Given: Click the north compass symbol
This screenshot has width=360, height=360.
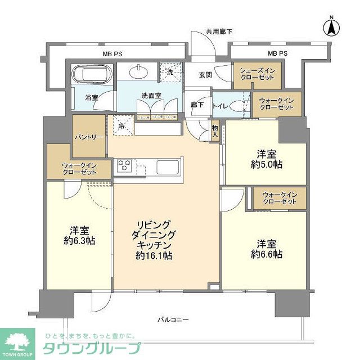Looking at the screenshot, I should pyautogui.click(x=332, y=28).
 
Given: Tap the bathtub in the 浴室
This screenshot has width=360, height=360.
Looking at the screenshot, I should pyautogui.click(x=93, y=75).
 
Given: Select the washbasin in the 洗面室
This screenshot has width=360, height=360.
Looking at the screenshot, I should pyautogui.click(x=138, y=71).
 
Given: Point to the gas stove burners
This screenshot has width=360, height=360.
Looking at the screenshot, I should pyautogui.click(x=124, y=165).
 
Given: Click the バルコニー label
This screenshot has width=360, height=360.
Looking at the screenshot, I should pyautogui.click(x=173, y=320).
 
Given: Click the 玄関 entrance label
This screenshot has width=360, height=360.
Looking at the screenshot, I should pyautogui.click(x=205, y=74).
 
